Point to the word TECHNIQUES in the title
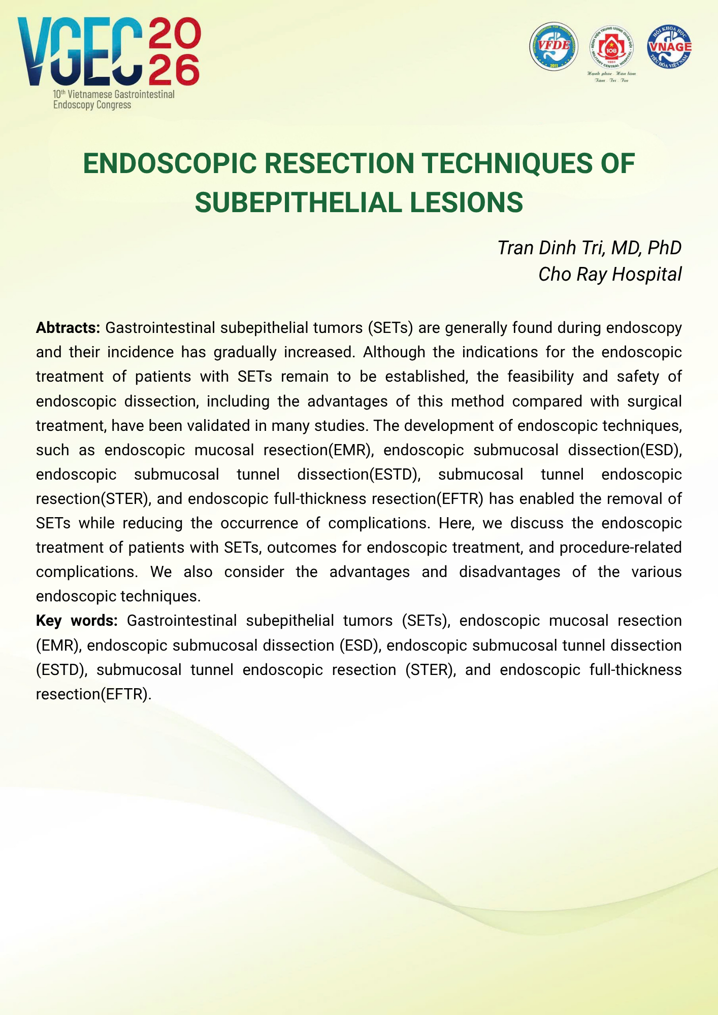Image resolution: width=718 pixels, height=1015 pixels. coord(506,163)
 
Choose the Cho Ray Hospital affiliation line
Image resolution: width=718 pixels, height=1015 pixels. coord(609,274)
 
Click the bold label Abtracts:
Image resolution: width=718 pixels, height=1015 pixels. coord(68,328)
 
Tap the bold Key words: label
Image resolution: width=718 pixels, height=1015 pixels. coord(77,621)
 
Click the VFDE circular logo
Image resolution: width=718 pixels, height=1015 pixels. coord(553,46)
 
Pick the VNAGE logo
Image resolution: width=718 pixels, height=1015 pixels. coord(669,47)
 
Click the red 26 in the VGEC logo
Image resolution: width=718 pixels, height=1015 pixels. coord(174,72)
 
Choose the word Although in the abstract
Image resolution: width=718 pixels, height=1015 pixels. coord(394,352)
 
